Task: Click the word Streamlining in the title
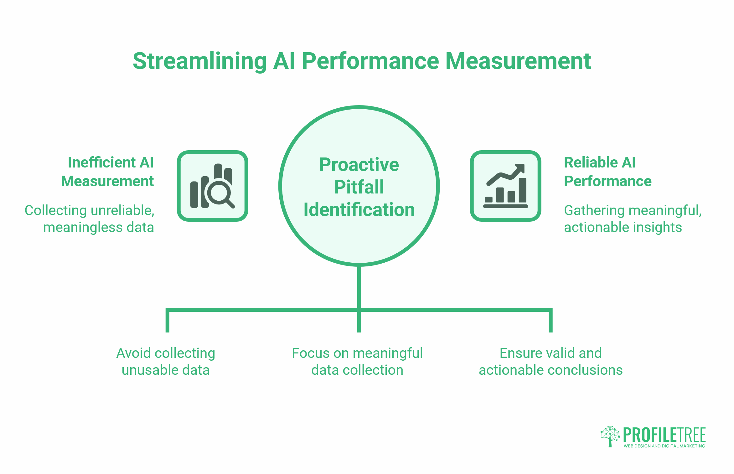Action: (x=199, y=61)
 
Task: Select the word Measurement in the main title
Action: (x=518, y=61)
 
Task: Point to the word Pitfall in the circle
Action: (x=359, y=187)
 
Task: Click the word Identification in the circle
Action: (x=359, y=209)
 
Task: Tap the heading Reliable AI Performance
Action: (x=607, y=172)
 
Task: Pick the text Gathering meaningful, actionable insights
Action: (x=633, y=219)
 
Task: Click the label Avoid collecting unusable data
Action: (x=166, y=361)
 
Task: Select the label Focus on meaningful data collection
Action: (x=357, y=361)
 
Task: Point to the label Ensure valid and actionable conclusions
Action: (x=550, y=361)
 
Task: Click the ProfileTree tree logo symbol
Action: (x=610, y=436)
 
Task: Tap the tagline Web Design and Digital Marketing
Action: (x=664, y=446)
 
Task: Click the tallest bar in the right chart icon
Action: (x=522, y=190)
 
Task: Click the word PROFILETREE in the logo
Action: (x=664, y=435)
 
